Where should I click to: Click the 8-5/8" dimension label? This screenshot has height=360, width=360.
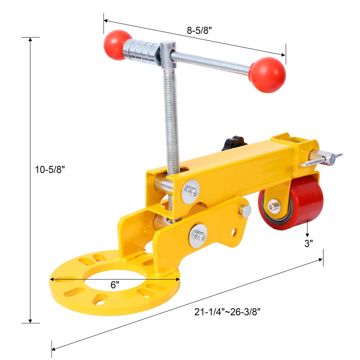tap(199, 31)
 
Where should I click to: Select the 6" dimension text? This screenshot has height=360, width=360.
tap(115, 285)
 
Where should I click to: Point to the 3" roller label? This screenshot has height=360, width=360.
tap(309, 244)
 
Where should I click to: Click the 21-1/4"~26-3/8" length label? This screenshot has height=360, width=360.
tap(228, 312)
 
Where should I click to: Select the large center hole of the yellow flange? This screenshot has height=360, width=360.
tap(114, 275)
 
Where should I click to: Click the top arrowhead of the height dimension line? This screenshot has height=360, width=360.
tap(30, 39)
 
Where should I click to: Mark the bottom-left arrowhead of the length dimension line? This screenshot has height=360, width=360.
tap(54, 349)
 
